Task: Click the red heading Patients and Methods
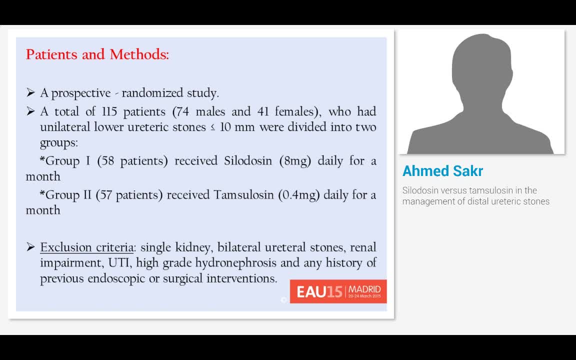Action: [x=97, y=54]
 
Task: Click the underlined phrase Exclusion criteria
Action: [x=87, y=247]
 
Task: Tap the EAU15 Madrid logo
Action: [x=338, y=291]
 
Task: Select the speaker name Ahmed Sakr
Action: [x=442, y=171]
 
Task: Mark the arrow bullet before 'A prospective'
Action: [x=30, y=93]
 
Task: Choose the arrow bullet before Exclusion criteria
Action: [x=30, y=247]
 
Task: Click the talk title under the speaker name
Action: [x=475, y=196]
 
